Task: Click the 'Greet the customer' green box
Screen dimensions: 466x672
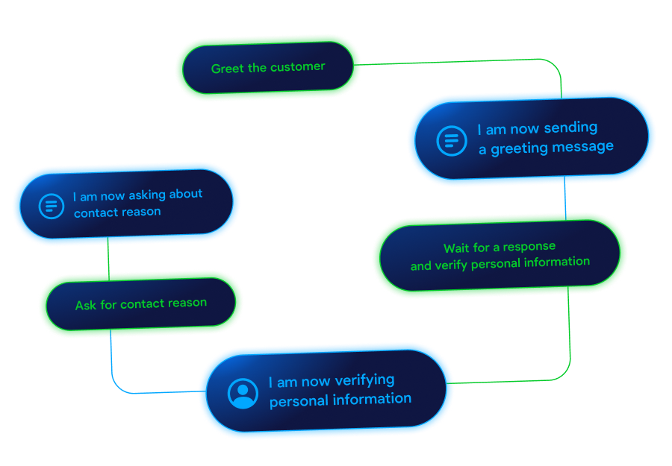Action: pos(267,67)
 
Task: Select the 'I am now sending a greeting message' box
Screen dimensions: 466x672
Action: pos(532,139)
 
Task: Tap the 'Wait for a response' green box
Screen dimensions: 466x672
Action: pos(499,255)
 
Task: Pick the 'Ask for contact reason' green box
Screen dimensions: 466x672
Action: pos(140,304)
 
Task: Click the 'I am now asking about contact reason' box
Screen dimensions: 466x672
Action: pos(125,203)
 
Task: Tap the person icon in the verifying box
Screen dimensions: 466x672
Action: pos(243,393)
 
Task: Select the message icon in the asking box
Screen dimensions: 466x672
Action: pos(51,205)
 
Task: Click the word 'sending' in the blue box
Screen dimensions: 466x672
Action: pos(570,127)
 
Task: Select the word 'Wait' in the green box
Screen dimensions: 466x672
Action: pos(455,248)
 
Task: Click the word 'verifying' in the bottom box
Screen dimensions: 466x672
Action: pos(364,380)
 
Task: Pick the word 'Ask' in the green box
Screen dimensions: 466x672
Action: pos(85,306)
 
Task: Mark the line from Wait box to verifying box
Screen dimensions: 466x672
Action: pos(569,343)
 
